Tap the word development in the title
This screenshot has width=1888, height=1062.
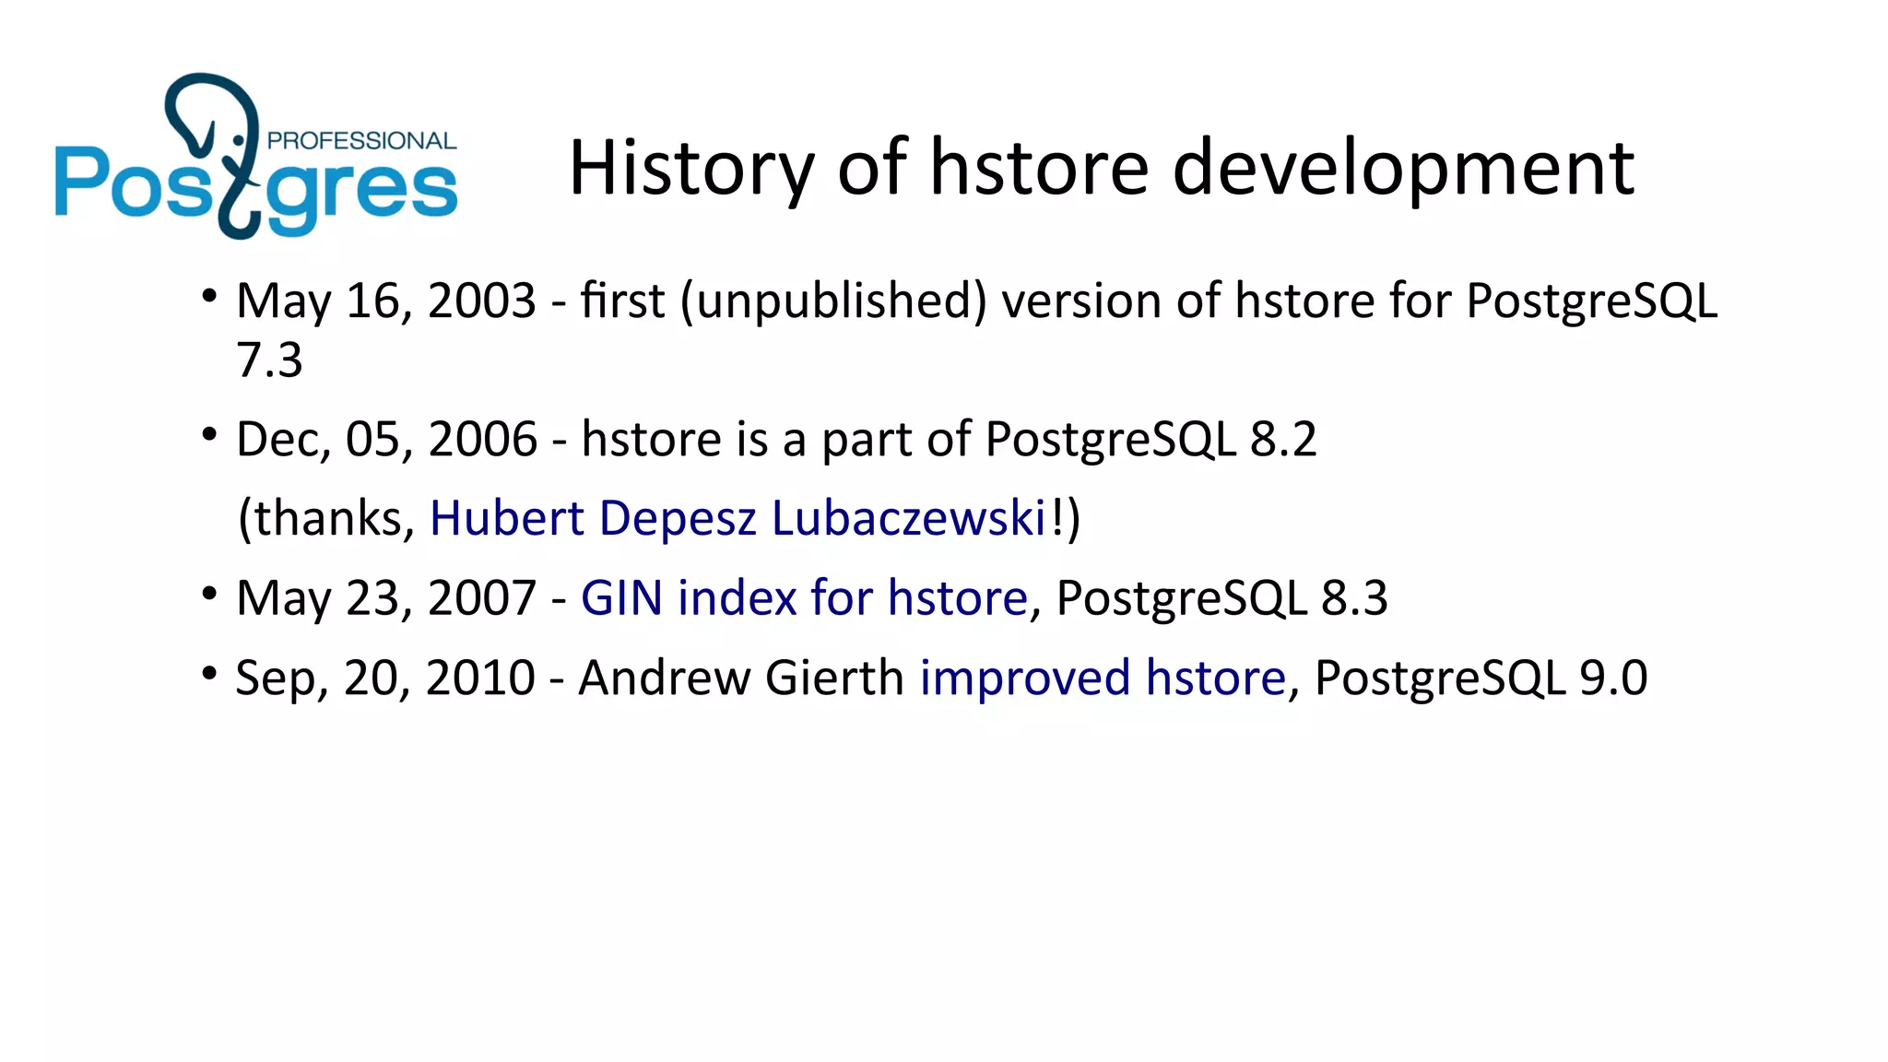(1403, 168)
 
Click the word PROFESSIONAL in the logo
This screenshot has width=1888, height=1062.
(361, 141)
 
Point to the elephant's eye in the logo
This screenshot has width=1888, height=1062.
(239, 140)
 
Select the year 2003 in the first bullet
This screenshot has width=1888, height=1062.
(482, 301)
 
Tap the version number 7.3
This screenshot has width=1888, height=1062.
(269, 360)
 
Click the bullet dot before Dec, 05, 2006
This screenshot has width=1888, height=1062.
(210, 433)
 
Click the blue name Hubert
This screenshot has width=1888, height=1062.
(507, 518)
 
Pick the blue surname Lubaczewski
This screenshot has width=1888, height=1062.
(908, 518)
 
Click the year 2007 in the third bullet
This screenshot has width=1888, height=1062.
(482, 598)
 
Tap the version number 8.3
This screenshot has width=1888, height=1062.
(1354, 598)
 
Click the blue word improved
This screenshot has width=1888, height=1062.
(1025, 678)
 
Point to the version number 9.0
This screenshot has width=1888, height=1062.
(1613, 678)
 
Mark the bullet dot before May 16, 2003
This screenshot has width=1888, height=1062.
(210, 296)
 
